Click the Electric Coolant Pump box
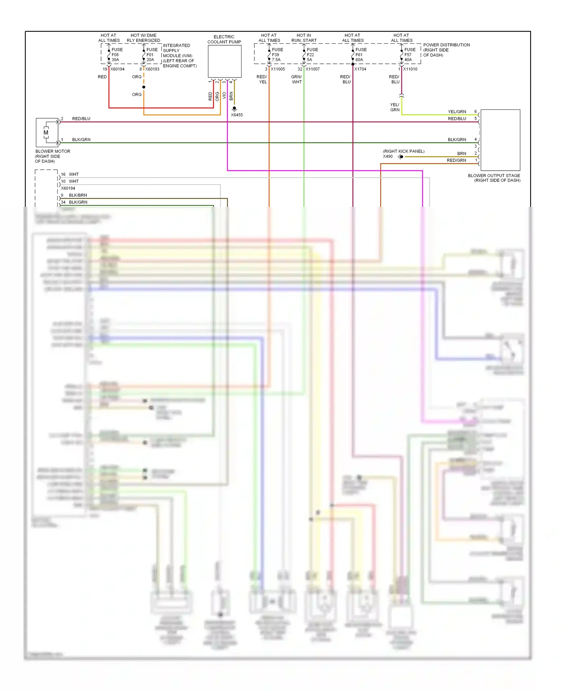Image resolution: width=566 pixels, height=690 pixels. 225,61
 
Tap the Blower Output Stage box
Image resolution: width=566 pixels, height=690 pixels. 500,140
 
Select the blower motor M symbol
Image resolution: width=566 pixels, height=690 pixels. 46,132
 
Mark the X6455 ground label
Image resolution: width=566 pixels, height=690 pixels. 237,115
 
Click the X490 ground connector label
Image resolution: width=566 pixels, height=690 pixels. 388,156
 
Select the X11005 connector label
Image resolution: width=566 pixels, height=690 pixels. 278,69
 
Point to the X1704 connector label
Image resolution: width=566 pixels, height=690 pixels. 360,69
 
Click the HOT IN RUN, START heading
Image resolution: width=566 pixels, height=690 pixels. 304,38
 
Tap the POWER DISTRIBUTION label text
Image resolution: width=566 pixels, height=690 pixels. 446,45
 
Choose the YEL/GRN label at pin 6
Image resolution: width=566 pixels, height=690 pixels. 457,112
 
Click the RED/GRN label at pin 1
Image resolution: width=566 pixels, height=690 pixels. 456,160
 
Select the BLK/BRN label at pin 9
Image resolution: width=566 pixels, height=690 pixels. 78,195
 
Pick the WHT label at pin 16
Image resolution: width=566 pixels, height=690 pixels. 74,174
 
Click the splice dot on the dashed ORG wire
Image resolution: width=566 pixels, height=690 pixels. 144,87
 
